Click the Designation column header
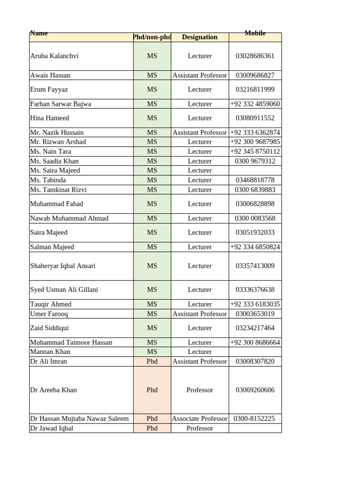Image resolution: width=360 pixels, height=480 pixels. pos(200,37)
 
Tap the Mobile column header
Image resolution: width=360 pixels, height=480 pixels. pos(255,33)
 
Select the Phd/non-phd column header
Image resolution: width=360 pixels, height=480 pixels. pos(152,37)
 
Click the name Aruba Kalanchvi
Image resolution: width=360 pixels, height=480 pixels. pos(54,56)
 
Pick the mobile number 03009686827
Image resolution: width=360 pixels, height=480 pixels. pos(255,75)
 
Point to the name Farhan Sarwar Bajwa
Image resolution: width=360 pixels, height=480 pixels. pos(60,104)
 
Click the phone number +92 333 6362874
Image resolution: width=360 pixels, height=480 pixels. pos(255,133)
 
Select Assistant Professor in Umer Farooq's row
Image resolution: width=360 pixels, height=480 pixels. pos(200,314)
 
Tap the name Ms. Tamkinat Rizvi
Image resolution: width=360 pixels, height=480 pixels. pos(58,190)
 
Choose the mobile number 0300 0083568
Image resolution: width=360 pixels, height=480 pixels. pos(255,218)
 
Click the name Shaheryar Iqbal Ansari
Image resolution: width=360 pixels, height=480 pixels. pos(63,266)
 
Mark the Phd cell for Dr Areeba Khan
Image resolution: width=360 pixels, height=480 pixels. pos(152,390)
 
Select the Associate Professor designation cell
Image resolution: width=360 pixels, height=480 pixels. pos(200,419)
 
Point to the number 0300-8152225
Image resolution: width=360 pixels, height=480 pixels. pos(255,419)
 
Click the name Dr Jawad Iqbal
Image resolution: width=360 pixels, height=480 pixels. pos(52,428)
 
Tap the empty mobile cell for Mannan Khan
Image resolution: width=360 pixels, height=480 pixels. pos(255,352)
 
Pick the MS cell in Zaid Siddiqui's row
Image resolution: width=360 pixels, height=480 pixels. pos(152,328)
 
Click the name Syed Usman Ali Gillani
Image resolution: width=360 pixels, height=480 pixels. pos(64,290)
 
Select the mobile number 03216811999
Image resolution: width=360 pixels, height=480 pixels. pos(255,89)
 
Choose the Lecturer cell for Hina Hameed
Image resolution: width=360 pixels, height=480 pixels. pos(200,118)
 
